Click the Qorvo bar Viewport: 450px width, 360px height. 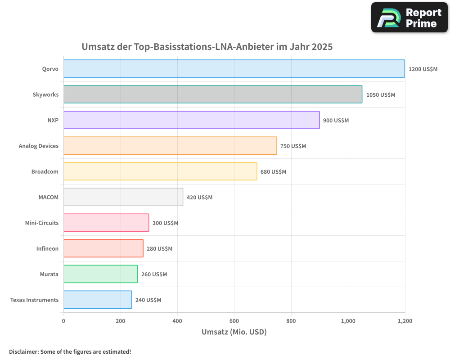coord(234,69)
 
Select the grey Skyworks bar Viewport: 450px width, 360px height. coord(212,94)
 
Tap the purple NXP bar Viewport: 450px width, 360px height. coord(191,120)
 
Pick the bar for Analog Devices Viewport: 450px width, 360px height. coord(170,146)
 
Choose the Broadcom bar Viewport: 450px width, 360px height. coord(160,171)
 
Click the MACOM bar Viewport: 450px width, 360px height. coord(123,197)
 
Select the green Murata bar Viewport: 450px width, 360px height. coord(100,274)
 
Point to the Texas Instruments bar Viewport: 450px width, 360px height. coord(98,300)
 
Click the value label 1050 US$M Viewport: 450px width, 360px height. coord(380,95)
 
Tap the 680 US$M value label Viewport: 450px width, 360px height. coord(273,172)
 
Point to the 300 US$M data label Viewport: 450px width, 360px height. coord(165,223)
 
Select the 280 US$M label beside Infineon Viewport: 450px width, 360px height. coord(159,249)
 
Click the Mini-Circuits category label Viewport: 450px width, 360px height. coord(42,223)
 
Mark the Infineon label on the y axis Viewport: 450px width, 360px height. coord(47,248)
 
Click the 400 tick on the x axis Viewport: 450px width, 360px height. coord(177,321)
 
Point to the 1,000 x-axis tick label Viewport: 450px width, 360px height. coord(348,321)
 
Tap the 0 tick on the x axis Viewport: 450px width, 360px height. coord(63,321)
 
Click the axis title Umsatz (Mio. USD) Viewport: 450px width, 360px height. coord(234,332)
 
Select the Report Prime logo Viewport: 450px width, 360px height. coord(409,18)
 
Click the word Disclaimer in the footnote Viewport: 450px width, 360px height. coord(23,351)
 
